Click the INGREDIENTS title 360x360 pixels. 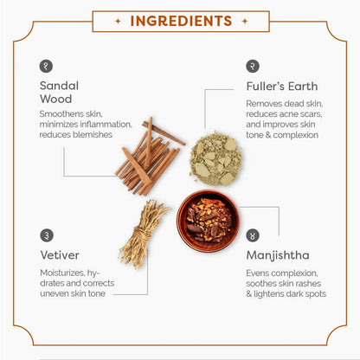coord(181,21)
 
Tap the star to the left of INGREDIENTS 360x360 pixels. coord(118,21)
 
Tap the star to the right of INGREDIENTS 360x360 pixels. coord(245,21)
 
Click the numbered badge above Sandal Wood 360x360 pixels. coord(46,66)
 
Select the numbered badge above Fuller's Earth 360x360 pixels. coord(253,66)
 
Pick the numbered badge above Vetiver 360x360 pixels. coord(47,235)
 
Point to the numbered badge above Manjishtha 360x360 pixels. coord(253,235)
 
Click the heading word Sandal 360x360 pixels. coord(59,86)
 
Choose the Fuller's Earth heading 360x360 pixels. coord(282,87)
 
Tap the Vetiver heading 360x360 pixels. coord(60,255)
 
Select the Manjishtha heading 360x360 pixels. coord(278,256)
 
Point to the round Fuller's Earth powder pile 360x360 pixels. coord(215,158)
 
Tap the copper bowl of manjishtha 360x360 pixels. coord(208,221)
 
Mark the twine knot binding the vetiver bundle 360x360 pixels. coord(143,234)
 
